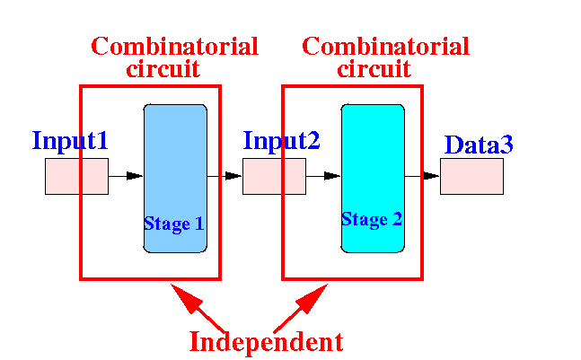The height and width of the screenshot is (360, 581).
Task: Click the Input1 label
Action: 70,141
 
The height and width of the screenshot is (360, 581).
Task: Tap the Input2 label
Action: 281,141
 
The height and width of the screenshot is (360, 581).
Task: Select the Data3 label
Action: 479,145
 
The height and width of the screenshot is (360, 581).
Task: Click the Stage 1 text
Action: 174,224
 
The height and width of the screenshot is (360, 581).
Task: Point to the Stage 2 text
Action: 372,220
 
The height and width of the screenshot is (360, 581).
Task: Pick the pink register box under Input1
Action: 76,176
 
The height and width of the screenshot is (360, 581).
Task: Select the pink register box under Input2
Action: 274,176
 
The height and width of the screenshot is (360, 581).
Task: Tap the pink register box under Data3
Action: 471,176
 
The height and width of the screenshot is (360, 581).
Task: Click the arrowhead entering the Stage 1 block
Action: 135,176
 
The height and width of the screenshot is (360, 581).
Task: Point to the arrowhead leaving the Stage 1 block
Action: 233,176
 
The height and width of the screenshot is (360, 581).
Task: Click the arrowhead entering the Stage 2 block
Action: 332,176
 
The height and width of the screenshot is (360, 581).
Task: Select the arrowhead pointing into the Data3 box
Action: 431,176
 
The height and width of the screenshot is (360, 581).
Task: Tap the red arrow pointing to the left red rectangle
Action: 198,308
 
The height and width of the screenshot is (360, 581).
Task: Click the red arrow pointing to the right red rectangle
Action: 301,308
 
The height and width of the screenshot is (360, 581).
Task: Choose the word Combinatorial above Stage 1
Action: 174,47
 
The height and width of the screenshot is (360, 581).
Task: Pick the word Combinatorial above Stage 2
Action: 386,47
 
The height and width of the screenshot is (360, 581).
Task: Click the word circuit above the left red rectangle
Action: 163,68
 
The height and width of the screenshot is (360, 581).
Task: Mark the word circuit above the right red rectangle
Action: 374,68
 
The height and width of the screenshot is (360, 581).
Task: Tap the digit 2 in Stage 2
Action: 397,219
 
